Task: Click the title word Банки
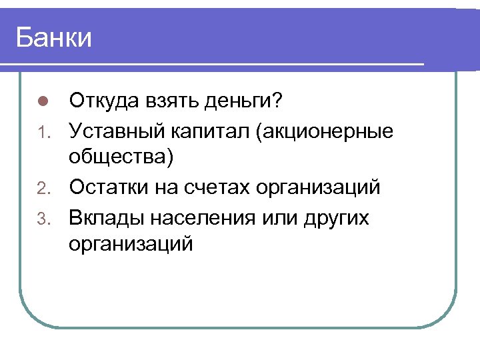tap(54, 38)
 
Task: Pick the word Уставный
tap(118, 130)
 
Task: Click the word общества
tap(121, 159)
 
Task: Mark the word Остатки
tap(111, 187)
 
